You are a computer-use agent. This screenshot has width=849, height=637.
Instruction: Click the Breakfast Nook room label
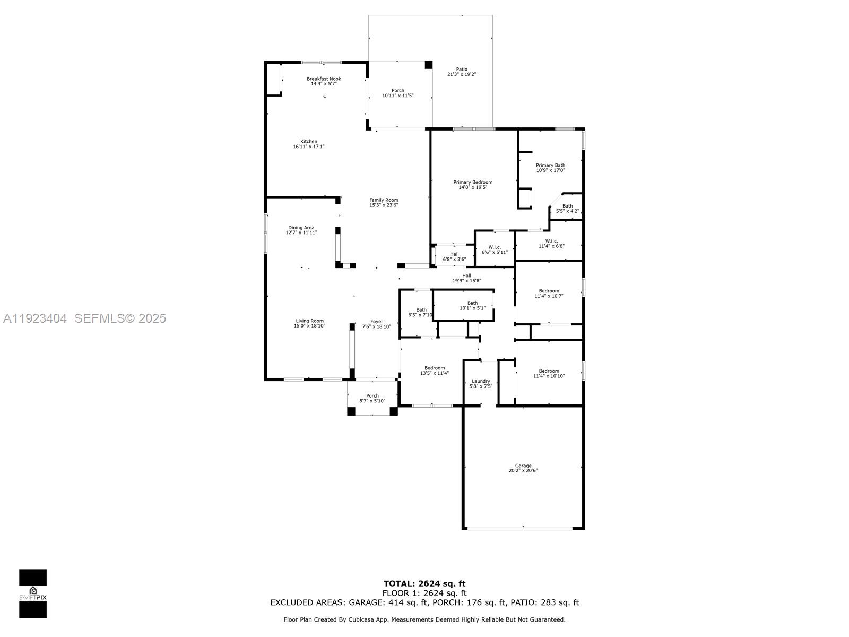[324, 79]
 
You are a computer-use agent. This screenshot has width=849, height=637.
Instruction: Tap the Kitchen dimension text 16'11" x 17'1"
[309, 147]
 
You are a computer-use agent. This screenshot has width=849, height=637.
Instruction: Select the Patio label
[462, 69]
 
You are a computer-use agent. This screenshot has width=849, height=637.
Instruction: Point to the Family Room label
[384, 200]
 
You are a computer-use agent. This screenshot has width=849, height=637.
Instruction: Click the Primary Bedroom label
[472, 182]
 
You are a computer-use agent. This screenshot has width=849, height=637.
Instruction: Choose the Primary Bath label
[550, 165]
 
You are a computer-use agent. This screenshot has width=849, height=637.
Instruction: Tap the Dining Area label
[301, 228]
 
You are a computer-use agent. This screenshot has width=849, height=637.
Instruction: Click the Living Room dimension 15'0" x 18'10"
[309, 326]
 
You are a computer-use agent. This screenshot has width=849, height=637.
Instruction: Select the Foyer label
[376, 321]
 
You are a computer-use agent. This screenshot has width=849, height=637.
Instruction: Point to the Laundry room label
[481, 381]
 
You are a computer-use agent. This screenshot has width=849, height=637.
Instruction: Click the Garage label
[523, 466]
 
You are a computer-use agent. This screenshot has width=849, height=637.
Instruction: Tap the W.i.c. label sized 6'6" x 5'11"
[495, 247]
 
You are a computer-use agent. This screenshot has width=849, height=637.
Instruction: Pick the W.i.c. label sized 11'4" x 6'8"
[551, 241]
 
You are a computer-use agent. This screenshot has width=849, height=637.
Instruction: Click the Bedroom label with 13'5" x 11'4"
[435, 368]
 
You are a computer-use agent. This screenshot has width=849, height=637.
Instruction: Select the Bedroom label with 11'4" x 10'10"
[549, 371]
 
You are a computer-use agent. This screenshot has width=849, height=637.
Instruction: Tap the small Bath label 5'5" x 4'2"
[567, 206]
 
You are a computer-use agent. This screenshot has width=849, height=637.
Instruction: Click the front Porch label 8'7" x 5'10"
[372, 395]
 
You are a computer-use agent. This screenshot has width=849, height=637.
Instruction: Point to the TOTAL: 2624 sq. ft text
[424, 584]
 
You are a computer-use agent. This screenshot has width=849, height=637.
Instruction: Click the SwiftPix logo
[33, 593]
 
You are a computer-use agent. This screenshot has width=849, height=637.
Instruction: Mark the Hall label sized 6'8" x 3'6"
[454, 254]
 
